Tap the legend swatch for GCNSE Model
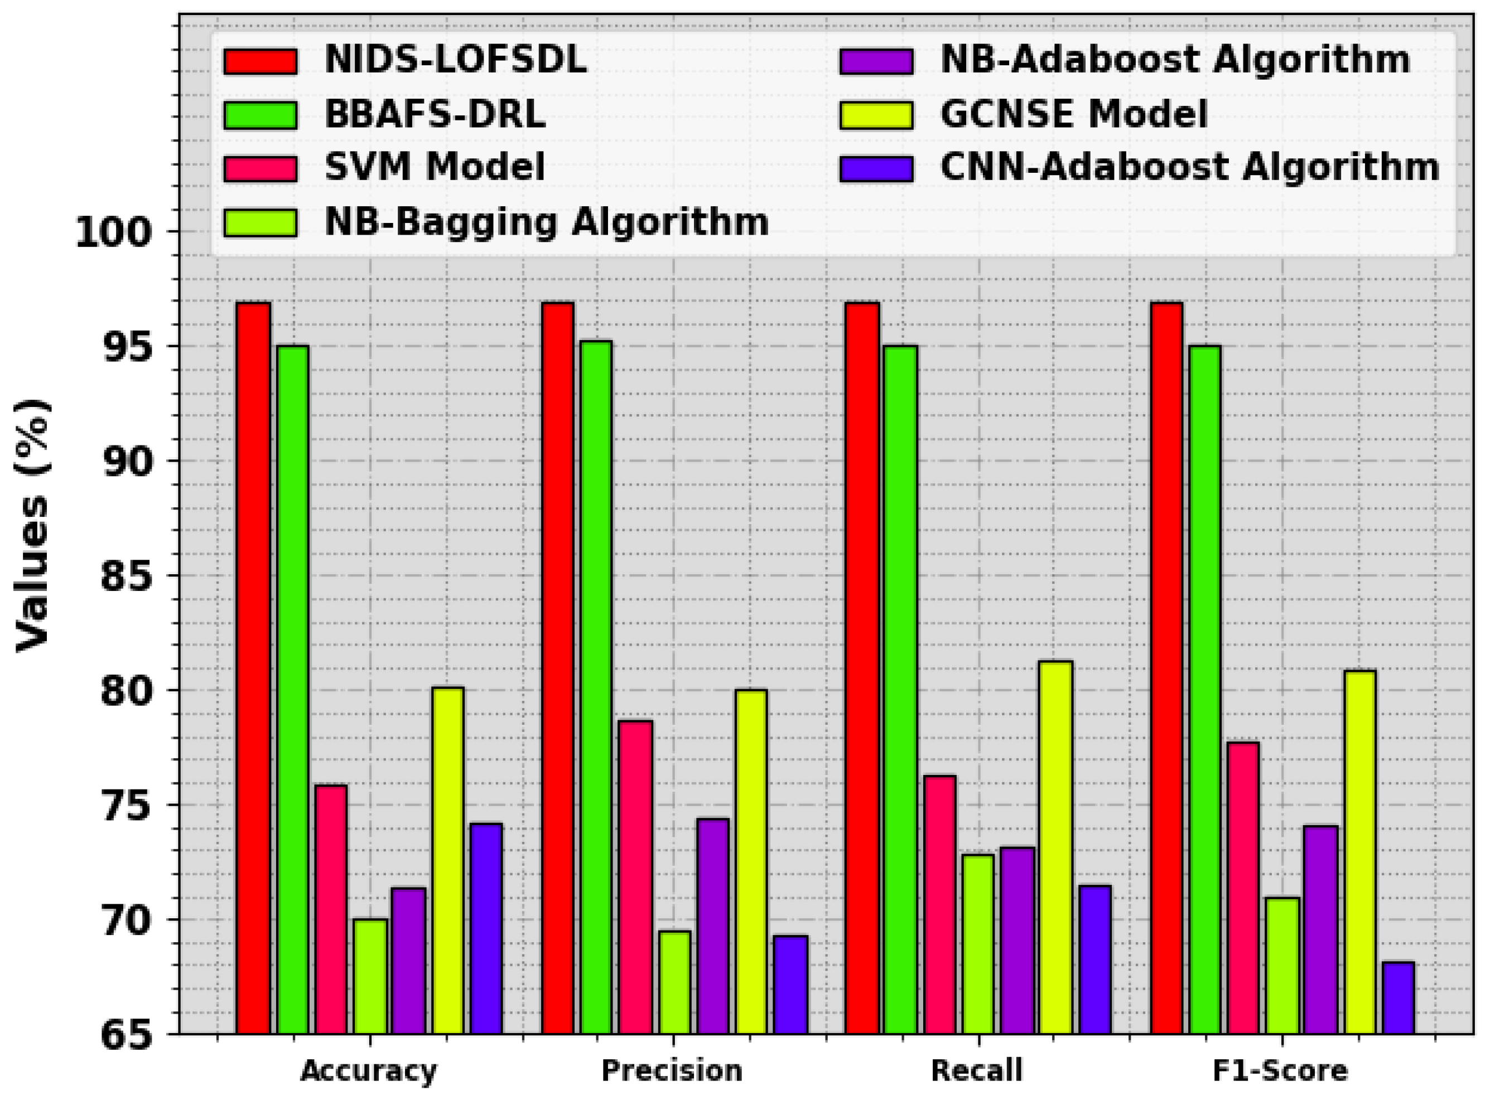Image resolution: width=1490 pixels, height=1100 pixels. pyautogui.click(x=876, y=114)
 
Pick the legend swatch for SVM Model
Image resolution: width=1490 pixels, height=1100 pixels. pyautogui.click(x=261, y=168)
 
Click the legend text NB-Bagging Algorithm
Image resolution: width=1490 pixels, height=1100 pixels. pyautogui.click(x=547, y=222)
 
